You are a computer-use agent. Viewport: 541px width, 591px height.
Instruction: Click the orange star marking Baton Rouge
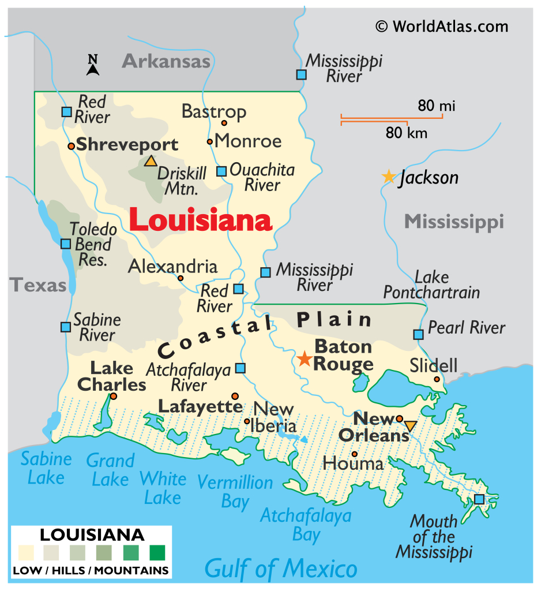point(304,359)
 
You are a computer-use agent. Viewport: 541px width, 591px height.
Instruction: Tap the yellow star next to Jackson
point(389,177)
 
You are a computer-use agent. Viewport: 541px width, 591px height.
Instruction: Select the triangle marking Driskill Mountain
point(151,161)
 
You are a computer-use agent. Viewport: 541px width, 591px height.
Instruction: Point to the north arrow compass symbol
point(93,65)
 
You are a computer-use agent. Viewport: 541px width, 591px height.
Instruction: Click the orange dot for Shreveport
point(71,146)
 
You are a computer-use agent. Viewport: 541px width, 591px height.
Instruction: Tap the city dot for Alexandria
point(181,278)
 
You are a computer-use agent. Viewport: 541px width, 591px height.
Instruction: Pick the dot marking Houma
point(354,454)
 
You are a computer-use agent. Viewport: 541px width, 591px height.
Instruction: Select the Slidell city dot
point(437,379)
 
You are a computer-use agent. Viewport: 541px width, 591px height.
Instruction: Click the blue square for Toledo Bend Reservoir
point(66,244)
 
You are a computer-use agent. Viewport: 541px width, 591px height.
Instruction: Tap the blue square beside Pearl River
point(418,334)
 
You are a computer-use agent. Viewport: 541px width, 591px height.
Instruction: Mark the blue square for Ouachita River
point(221,171)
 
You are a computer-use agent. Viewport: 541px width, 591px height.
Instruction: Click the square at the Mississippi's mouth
point(479,499)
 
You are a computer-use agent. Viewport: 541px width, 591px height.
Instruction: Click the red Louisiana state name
point(200,221)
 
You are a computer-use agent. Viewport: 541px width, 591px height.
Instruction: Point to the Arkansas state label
point(166,61)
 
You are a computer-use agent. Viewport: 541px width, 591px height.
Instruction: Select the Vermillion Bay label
point(235,491)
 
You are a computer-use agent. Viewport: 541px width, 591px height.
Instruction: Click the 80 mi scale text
point(437,106)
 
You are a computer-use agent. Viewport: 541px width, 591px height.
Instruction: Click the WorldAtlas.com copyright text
point(442,27)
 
